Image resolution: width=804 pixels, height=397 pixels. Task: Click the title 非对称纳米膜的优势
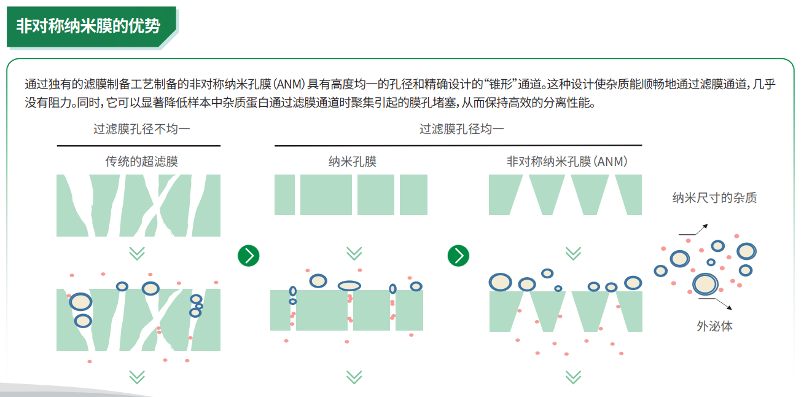coord(88,26)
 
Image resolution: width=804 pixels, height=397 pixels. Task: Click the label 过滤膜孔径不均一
coord(138,129)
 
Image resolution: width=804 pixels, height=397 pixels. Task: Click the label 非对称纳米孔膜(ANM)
coord(566,162)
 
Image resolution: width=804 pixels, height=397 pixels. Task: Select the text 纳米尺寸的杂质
coord(714,198)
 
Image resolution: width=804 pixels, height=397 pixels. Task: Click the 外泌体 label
coord(714,326)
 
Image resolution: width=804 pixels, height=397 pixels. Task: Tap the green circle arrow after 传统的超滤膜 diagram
coord(248,256)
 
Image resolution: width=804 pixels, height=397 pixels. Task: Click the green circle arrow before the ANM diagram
coord(458,256)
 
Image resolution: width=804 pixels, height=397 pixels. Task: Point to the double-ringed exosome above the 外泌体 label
coord(704,284)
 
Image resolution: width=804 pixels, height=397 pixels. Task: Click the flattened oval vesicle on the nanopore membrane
coord(349,285)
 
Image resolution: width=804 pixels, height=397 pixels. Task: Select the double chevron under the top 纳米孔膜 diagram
coord(354,253)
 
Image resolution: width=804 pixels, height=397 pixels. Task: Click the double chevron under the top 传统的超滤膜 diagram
coord(137,253)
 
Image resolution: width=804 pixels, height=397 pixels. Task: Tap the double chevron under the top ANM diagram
coord(572,253)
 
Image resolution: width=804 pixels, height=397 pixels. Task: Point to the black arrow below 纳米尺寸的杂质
coord(694,230)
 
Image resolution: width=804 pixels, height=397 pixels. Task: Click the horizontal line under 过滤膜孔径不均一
coord(138,146)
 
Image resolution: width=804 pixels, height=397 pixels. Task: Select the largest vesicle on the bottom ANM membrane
coord(500,282)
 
